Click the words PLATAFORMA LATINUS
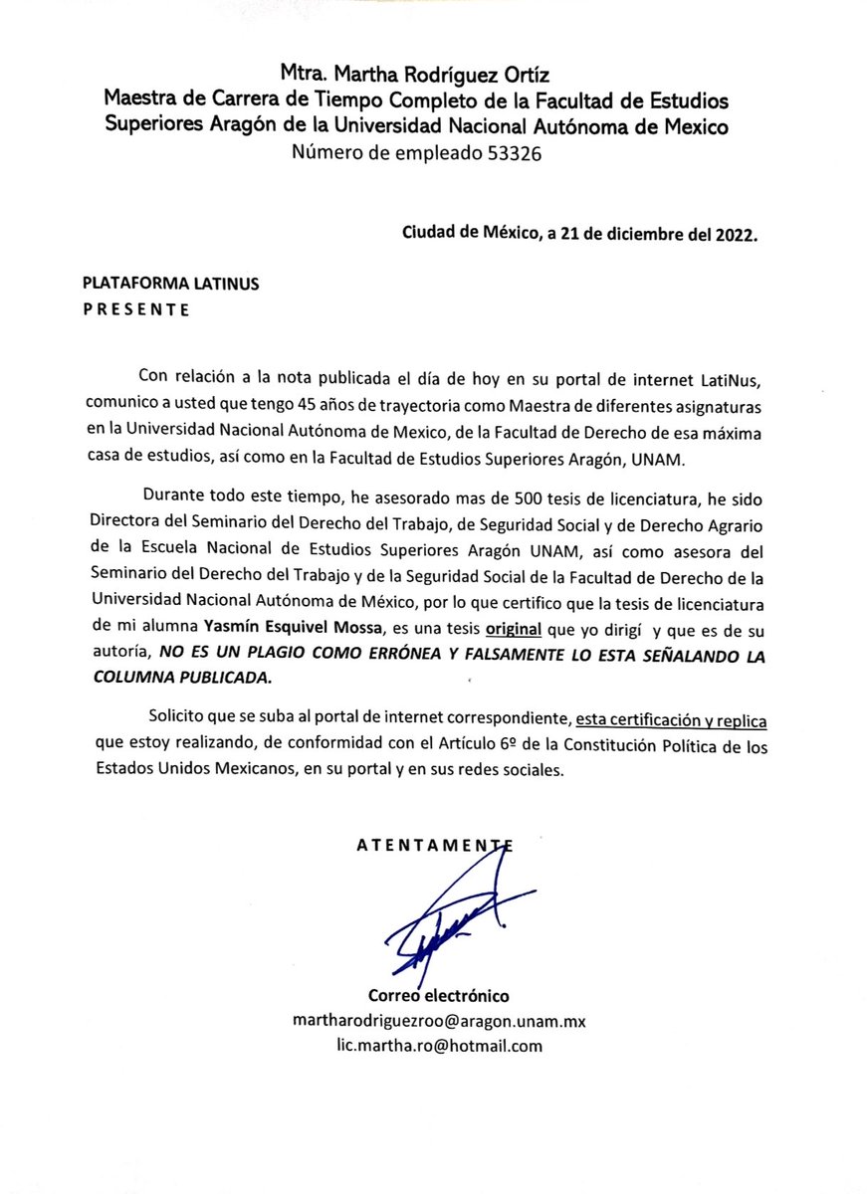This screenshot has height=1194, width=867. [170, 284]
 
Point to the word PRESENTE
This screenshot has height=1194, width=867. [135, 309]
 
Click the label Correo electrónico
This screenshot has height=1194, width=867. [439, 995]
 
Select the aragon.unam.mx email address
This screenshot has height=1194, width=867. [439, 1021]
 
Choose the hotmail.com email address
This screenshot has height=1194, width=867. [439, 1045]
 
